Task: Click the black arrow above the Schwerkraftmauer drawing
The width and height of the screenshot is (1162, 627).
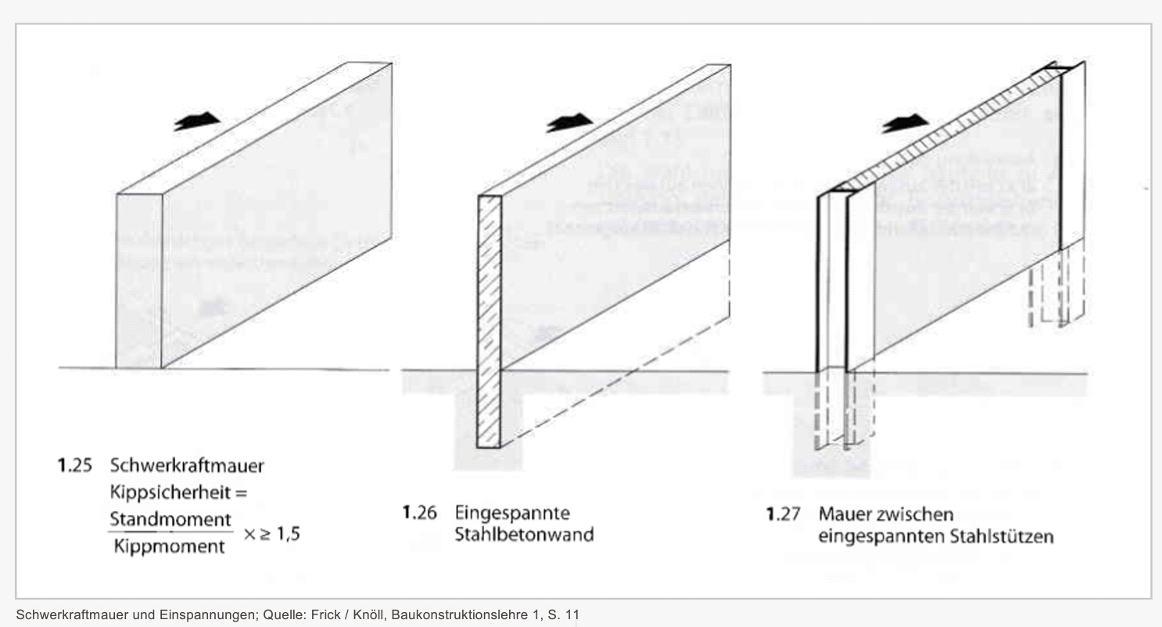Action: [197, 121]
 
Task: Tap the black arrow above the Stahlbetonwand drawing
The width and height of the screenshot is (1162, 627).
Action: [569, 123]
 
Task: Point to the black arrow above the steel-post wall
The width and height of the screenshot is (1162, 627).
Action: [906, 123]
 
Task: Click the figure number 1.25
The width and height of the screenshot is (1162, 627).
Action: [75, 465]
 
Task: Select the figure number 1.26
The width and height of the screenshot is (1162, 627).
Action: [420, 513]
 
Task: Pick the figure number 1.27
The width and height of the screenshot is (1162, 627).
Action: [784, 514]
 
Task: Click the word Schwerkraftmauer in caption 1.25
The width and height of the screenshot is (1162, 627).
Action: [187, 466]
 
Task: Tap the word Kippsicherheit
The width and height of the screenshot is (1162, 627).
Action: [170, 492]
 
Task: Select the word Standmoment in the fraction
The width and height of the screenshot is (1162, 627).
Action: [170, 519]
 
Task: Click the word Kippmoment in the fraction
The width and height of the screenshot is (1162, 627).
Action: [169, 546]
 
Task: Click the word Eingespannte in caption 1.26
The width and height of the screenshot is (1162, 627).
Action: [512, 513]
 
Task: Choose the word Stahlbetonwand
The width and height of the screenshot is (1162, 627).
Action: [524, 535]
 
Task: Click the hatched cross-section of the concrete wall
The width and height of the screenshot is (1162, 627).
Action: [490, 322]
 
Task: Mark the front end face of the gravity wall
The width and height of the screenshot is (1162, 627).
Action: [139, 281]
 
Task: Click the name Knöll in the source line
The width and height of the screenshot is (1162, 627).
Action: [369, 615]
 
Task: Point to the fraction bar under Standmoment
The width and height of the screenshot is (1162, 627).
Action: [170, 532]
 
